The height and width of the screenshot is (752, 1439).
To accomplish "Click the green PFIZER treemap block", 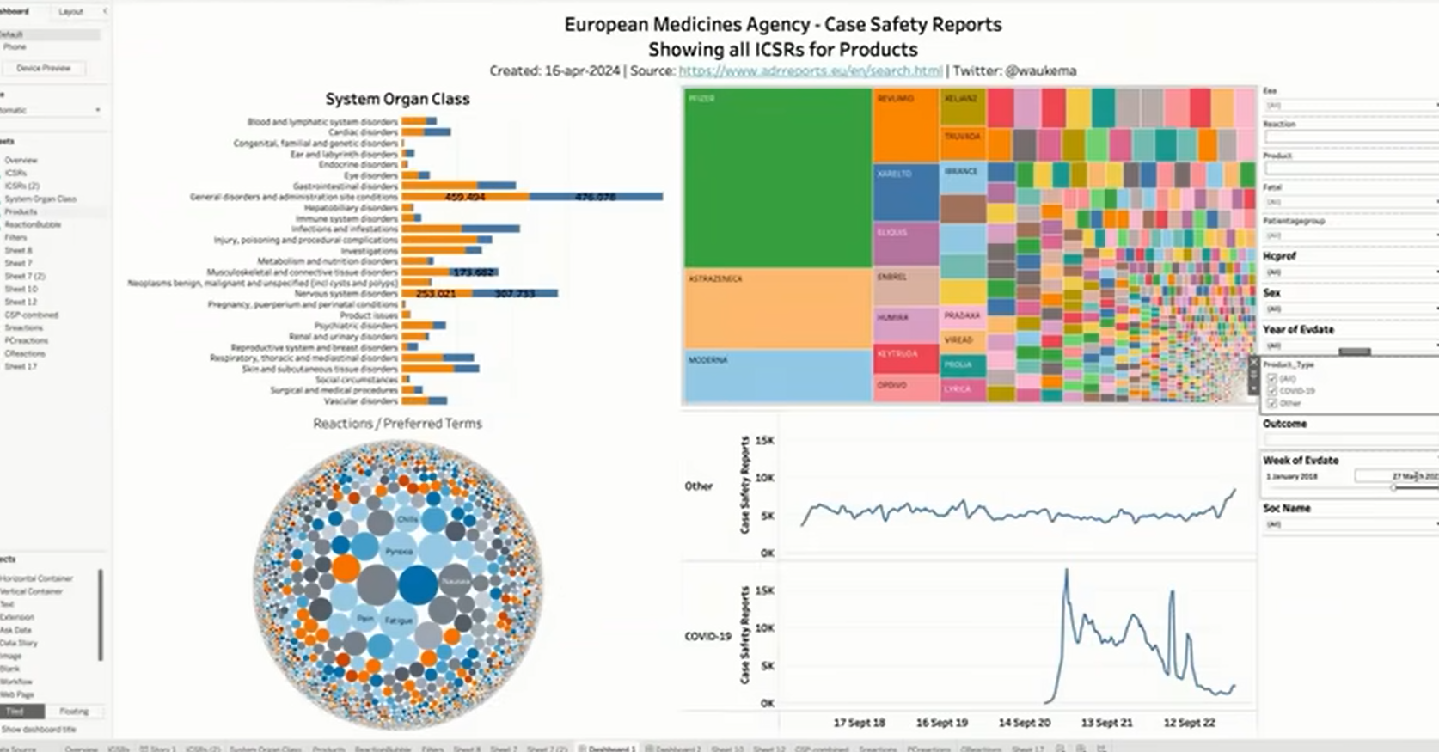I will point(777,176).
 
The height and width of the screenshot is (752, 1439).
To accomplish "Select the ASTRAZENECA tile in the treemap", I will point(777,308).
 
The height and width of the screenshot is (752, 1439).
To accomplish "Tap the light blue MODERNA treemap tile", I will point(777,376).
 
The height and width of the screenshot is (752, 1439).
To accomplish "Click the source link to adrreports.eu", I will point(810,71).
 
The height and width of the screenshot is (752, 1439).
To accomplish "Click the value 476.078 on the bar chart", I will point(595,197).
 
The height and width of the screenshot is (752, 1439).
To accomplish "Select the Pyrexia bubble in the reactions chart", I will point(399,552).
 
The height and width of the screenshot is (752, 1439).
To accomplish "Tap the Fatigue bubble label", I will point(399,620).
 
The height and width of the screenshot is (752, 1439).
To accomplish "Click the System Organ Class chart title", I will point(397,99).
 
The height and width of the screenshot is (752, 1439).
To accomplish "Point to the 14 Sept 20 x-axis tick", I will point(1024,723).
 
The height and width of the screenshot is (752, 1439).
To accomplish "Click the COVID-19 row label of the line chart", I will point(707,637).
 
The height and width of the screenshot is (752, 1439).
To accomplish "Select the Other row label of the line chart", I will point(699,486).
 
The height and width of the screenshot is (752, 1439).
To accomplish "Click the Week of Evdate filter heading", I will point(1301,461).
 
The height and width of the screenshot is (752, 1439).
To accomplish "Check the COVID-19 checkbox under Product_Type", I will point(1272,391).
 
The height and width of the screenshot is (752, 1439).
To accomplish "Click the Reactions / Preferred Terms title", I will point(397,424).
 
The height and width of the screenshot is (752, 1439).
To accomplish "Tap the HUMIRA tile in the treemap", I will point(905,324).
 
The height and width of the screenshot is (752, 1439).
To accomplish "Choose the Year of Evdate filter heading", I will point(1298,330).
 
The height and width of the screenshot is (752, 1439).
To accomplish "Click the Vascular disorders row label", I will point(360,401).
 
